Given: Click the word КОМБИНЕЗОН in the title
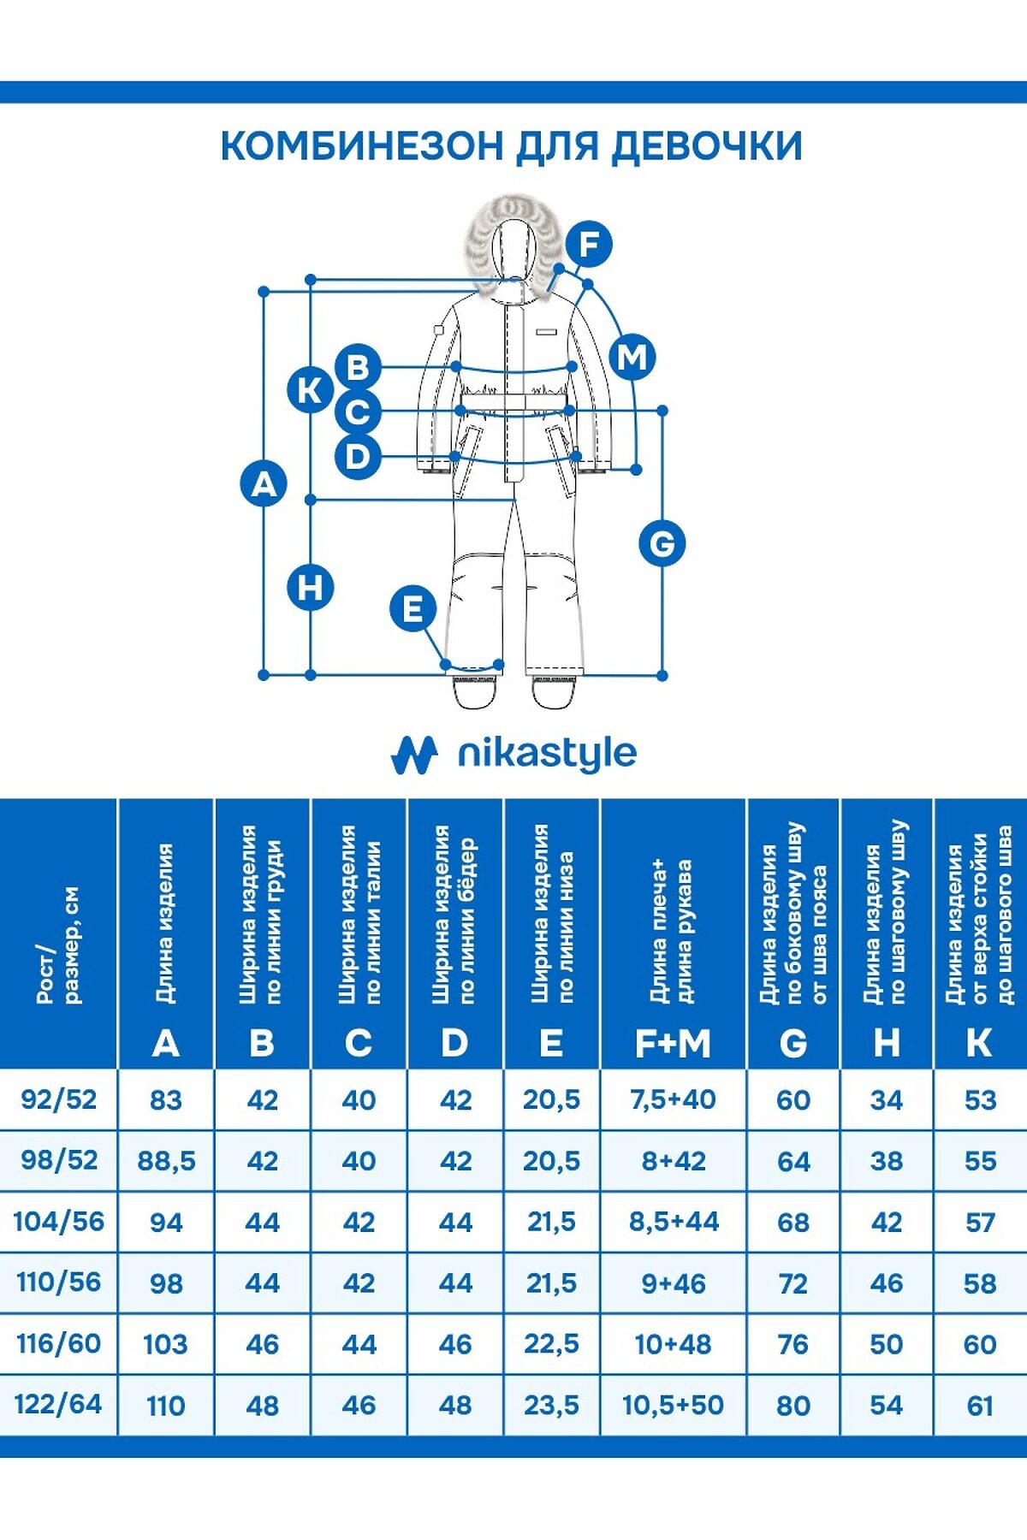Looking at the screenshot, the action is click(361, 146).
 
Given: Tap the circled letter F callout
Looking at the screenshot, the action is click(589, 244).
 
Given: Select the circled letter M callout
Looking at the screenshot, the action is click(632, 357).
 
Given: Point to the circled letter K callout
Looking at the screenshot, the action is click(310, 390).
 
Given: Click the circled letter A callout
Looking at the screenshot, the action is click(264, 483).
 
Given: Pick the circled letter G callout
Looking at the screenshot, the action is click(662, 543).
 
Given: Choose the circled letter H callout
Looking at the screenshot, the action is click(310, 588).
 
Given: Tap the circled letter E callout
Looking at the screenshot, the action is click(413, 609).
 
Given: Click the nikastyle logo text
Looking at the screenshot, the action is click(547, 754).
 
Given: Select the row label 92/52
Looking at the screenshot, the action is click(58, 1099).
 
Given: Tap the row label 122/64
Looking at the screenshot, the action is click(58, 1405).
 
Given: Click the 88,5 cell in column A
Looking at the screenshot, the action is click(166, 1161).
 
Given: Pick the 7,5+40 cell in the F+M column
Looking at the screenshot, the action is click(674, 1099).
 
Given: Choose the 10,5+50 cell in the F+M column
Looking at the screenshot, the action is click(674, 1405).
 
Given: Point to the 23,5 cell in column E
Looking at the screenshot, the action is click(551, 1405).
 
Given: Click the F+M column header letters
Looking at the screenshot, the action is click(674, 1044).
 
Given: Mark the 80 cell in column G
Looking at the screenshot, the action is click(793, 1405).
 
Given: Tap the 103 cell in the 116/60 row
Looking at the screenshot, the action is click(165, 1344).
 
